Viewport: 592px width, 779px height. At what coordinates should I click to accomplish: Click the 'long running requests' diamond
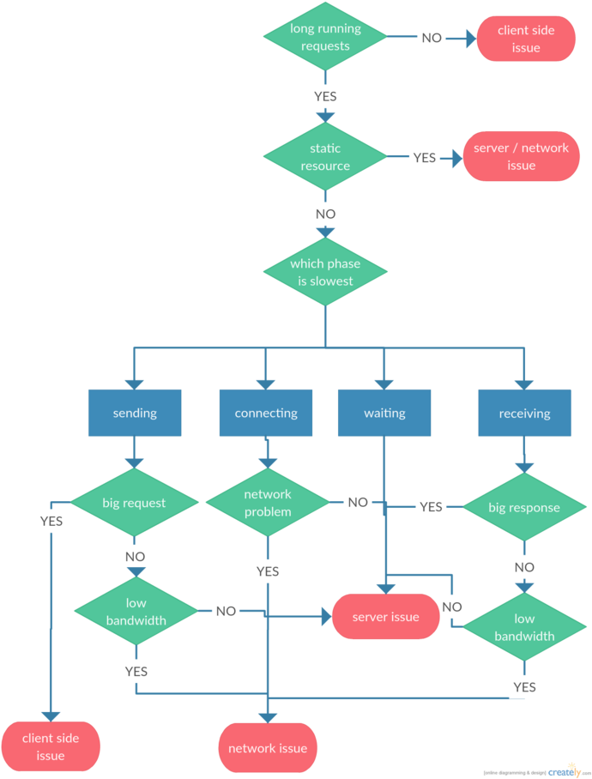325,37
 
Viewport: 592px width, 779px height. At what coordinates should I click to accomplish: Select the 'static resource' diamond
325,157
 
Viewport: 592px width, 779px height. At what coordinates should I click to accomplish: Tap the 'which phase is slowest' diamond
325,272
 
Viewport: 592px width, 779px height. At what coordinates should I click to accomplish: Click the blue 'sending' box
135,413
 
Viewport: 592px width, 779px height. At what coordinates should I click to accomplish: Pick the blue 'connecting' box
266,413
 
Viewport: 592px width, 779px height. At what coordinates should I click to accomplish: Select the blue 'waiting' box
384,413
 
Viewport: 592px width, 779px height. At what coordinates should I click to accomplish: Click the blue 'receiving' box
524,413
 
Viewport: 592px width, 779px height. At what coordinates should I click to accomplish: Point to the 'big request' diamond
134,503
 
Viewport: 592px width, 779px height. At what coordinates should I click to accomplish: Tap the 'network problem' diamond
268,503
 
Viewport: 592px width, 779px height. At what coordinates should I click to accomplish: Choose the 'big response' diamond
523,507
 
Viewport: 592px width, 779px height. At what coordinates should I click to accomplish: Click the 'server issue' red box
385,617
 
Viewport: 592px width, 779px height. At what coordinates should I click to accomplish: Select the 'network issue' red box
268,748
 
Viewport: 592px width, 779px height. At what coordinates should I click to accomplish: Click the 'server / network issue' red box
521,156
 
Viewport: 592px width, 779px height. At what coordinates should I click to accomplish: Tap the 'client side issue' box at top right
526,39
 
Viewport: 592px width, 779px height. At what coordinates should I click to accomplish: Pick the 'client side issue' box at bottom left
51,746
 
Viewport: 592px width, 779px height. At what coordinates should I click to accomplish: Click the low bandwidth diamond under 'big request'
136,611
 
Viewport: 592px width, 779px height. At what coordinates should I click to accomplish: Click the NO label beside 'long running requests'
432,38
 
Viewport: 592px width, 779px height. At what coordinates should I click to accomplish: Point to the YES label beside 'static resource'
425,158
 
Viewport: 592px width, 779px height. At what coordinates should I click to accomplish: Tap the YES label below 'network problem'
267,571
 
